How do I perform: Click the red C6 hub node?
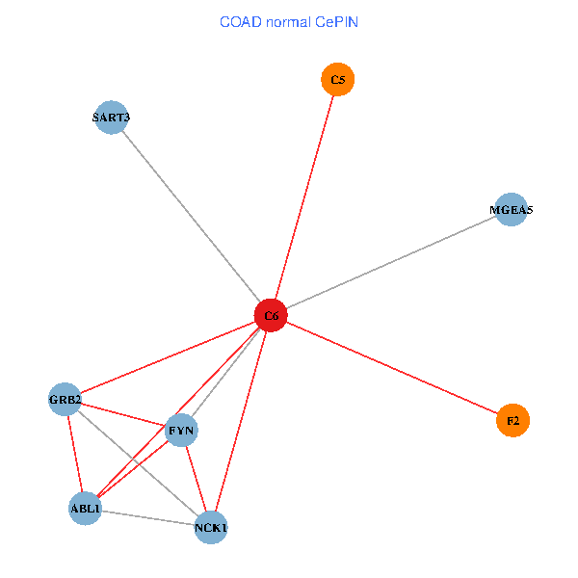tap(271, 315)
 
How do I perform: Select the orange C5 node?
tap(337, 80)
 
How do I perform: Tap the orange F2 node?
tap(512, 421)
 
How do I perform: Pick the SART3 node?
tap(112, 118)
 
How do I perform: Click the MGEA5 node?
tap(511, 209)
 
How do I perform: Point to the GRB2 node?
tap(66, 399)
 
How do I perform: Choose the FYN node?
tap(181, 430)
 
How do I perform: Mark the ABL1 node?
tap(85, 508)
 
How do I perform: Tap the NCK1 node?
tap(211, 527)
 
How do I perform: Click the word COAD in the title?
tap(242, 21)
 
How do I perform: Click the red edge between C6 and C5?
tap(304, 197)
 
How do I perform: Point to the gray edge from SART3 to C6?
tap(191, 216)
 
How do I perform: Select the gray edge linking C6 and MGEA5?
tap(390, 262)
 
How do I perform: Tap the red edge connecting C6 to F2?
tap(391, 368)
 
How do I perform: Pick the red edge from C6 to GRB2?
tap(168, 356)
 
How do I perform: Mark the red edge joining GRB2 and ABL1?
tap(75, 453)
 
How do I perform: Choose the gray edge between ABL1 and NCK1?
tap(147, 517)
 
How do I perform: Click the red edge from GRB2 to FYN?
tap(123, 414)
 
